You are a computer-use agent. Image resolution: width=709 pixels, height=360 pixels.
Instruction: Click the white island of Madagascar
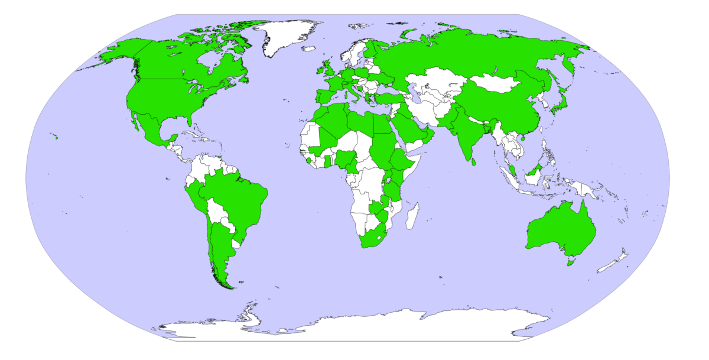412,216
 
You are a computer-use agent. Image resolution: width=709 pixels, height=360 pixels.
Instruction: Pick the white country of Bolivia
218,212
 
